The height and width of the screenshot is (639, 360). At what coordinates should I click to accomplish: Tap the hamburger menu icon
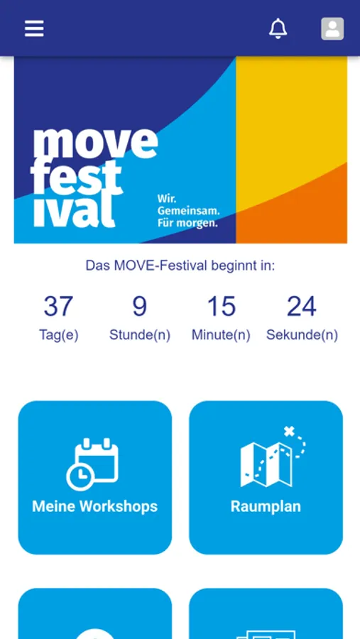(34, 28)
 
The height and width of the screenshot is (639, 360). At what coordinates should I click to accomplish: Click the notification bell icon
(278, 28)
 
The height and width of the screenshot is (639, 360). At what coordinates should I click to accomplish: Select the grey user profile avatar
(332, 28)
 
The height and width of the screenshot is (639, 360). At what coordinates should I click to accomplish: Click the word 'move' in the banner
(95, 143)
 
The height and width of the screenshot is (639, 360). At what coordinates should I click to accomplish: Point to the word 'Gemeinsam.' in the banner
(188, 211)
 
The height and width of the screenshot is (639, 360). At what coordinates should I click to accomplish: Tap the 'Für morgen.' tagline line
(187, 223)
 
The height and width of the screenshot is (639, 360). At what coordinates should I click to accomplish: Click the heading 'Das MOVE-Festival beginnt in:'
(180, 266)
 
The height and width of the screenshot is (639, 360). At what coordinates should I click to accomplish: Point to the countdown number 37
(59, 306)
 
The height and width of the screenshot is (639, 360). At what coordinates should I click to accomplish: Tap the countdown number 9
(139, 306)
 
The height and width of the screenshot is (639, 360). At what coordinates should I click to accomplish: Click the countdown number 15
(222, 306)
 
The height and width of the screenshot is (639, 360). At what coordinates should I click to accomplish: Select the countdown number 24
(302, 306)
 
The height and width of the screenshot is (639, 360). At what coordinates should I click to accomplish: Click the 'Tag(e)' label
(59, 335)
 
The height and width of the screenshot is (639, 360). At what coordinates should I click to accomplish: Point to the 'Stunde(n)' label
(139, 335)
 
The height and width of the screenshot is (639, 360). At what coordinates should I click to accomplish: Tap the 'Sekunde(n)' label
(302, 335)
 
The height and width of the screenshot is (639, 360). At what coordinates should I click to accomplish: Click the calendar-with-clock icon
(92, 464)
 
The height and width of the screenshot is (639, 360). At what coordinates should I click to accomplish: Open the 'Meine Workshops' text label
(95, 506)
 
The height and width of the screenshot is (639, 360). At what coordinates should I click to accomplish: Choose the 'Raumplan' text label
(266, 506)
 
